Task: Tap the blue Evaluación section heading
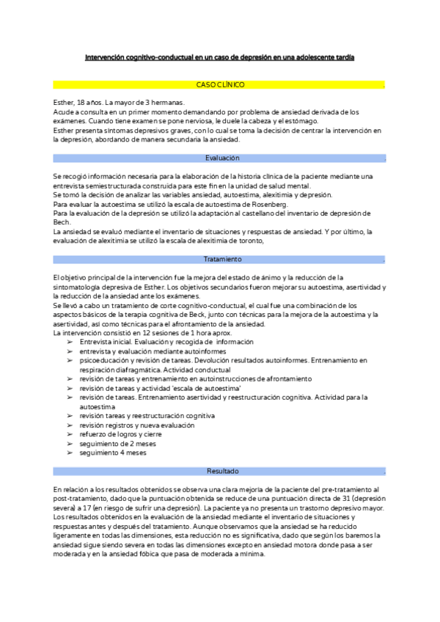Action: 221,158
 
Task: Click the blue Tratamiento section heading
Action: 221,259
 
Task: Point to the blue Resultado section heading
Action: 221,470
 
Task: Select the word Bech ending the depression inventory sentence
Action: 61,222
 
